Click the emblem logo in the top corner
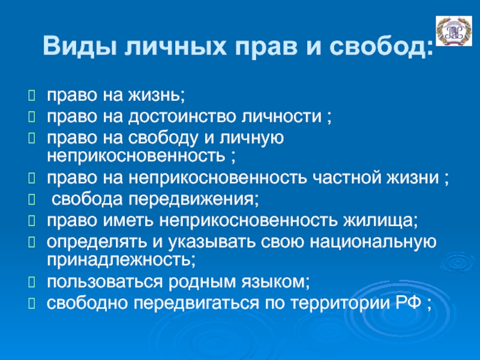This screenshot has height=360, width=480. [454, 31]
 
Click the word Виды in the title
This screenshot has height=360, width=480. [80, 46]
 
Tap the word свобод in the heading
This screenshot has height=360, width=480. [382, 47]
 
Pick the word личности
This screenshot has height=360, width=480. [281, 116]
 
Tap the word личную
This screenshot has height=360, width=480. [251, 139]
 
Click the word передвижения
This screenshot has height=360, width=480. [193, 199]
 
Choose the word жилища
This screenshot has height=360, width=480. [380, 220]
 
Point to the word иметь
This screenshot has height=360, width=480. [128, 221]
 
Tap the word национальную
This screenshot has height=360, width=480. [373, 242]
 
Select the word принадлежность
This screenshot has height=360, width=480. [121, 260]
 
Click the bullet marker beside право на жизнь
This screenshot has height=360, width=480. [32, 95]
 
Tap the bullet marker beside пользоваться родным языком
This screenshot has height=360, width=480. [32, 282]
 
